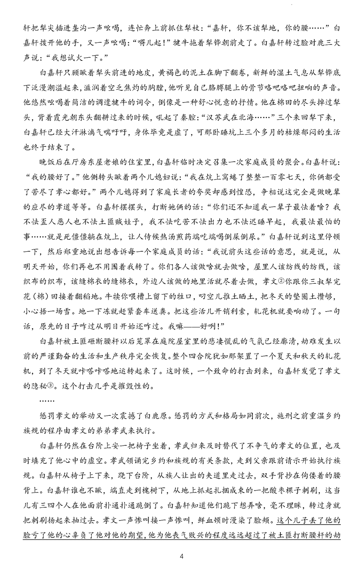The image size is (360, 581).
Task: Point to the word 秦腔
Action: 173,116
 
